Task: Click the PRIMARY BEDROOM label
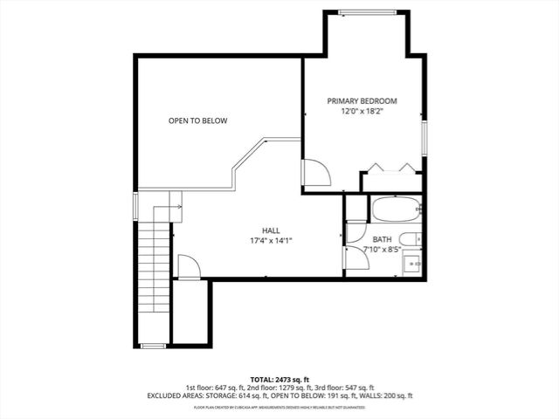pos(362,101)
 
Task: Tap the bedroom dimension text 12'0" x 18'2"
pos(362,112)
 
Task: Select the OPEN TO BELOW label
pos(198,120)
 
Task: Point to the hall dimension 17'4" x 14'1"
pos(271,241)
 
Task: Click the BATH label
pos(383,239)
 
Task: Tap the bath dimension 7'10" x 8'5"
pos(383,250)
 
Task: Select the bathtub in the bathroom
pos(396,209)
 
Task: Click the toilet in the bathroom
pos(411,239)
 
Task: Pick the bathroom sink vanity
pos(411,262)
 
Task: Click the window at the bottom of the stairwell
pos(153,347)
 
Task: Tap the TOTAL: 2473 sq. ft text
pos(279,379)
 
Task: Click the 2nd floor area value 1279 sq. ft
pos(276,388)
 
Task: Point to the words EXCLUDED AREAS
pos(176,396)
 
